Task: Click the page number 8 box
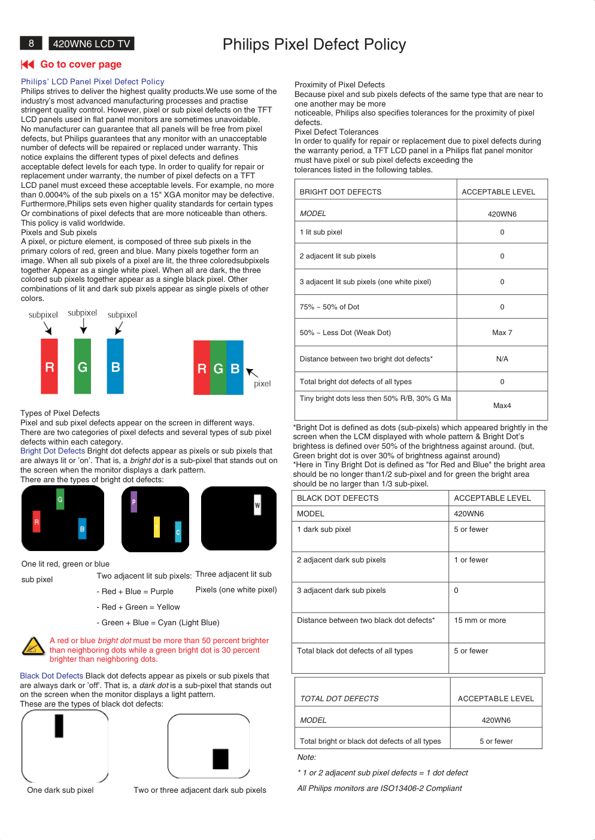(x=31, y=44)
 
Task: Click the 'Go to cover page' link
(x=81, y=65)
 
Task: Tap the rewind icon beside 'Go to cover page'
(x=28, y=65)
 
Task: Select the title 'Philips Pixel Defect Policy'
(x=314, y=44)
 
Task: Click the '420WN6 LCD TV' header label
(x=92, y=44)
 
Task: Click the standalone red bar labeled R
(x=49, y=366)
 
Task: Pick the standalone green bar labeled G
(x=83, y=366)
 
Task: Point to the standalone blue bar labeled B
(x=116, y=366)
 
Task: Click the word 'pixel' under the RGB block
(x=262, y=384)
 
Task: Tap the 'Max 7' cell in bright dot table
(x=502, y=333)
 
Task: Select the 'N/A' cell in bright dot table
(x=502, y=359)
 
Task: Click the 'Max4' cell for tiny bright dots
(x=502, y=406)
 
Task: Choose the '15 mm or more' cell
(x=479, y=620)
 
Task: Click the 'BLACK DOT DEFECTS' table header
(x=338, y=498)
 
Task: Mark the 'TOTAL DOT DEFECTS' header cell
(x=339, y=699)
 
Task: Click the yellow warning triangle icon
(x=34, y=646)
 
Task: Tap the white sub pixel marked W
(x=257, y=505)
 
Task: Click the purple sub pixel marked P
(x=134, y=502)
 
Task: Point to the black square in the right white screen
(x=220, y=759)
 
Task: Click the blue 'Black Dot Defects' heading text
(x=51, y=676)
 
